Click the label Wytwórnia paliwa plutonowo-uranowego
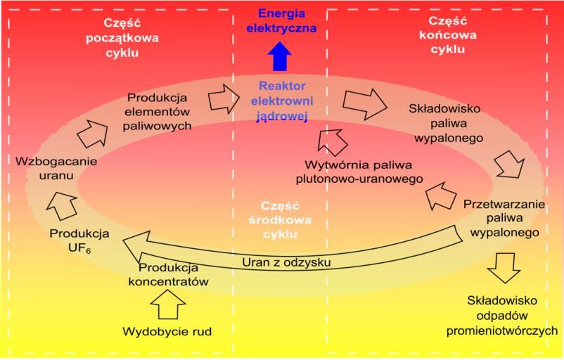[x=364, y=172]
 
